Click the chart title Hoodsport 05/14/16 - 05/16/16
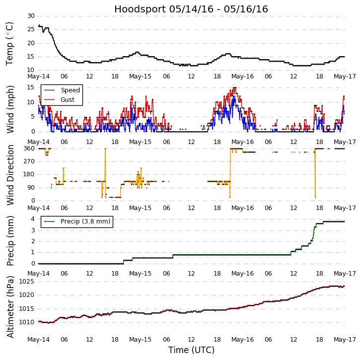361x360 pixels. (191, 9)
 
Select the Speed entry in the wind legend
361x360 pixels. (70, 90)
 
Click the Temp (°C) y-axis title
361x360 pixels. (10, 43)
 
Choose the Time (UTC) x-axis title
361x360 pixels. (191, 350)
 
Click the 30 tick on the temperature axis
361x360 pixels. (30, 16)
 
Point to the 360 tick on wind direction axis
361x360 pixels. (28, 148)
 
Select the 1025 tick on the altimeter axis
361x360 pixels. (26, 282)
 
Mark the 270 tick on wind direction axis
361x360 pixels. (28, 161)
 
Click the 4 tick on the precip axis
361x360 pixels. (32, 219)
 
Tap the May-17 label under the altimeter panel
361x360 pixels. (345, 340)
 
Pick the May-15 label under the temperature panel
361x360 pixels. (141, 76)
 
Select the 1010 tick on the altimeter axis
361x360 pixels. (26, 322)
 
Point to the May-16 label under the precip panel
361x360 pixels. (243, 274)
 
